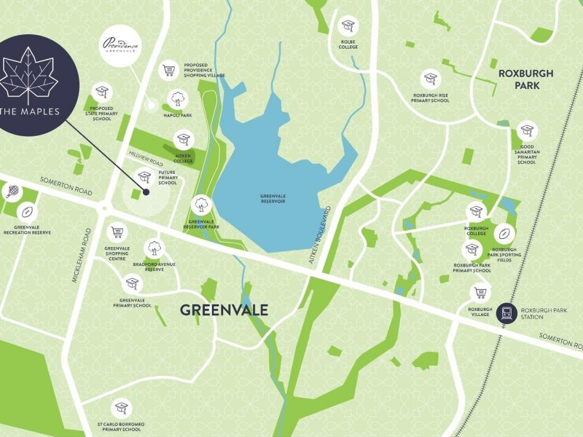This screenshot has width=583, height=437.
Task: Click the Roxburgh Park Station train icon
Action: point(505,315)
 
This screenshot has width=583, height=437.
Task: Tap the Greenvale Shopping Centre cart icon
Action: point(117,232)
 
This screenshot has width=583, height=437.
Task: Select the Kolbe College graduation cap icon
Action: point(347,26)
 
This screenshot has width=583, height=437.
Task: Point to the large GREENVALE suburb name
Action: point(224,310)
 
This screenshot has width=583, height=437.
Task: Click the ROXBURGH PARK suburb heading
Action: point(525,79)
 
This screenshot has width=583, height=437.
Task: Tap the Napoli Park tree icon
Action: point(178,98)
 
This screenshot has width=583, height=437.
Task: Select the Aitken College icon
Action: point(183,139)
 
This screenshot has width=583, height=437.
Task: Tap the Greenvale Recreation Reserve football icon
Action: point(28,212)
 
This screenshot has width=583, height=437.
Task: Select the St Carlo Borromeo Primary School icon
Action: point(122,408)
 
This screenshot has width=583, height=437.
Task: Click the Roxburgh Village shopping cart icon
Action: point(480,293)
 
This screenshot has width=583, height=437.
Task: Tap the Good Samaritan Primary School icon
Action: point(526,131)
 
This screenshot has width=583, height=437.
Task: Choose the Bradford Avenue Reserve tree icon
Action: point(153,248)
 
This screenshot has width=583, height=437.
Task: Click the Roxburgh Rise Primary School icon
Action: point(430,79)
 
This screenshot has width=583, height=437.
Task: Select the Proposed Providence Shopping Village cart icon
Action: point(169,70)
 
